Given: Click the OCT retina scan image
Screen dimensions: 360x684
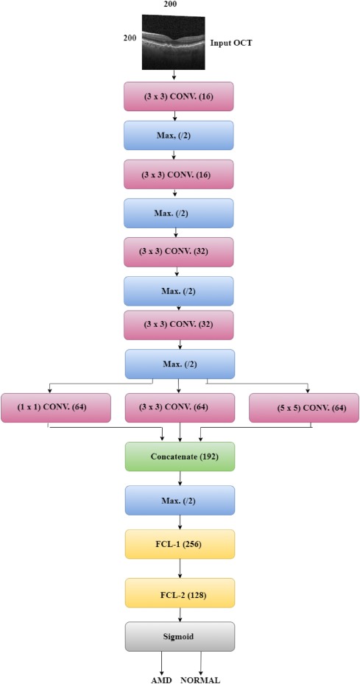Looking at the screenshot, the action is point(173,42).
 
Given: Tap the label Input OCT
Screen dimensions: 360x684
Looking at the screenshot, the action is point(231,43).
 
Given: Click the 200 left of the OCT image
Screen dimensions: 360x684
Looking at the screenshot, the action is point(130,38).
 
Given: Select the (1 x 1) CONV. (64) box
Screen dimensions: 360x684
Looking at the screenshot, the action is point(56,408).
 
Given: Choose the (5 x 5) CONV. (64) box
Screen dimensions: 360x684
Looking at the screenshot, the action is point(304,408).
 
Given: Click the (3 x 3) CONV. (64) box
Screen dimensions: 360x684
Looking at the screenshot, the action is point(180,408).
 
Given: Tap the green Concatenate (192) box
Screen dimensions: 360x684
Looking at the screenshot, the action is point(180,456).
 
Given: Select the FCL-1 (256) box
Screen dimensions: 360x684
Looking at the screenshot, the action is point(180,544).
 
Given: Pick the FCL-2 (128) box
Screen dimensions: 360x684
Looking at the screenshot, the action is point(180,593).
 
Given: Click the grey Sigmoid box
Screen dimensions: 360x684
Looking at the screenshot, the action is point(180,636).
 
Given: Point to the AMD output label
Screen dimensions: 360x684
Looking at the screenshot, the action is point(160,680).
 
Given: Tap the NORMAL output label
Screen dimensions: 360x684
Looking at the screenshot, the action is point(200,680).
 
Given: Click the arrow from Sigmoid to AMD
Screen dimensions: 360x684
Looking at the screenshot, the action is point(162,663).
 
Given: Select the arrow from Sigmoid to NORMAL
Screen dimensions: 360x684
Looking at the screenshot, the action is point(201,663).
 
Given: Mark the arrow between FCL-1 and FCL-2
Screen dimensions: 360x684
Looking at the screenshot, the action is point(180,568).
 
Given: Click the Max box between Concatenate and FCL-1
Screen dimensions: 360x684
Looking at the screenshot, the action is point(180,501).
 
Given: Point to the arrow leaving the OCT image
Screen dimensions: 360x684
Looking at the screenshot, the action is point(174,75).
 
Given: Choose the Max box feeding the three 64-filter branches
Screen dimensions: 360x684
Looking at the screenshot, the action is point(180,364).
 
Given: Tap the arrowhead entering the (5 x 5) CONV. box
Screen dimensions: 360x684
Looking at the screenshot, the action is point(308,391).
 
